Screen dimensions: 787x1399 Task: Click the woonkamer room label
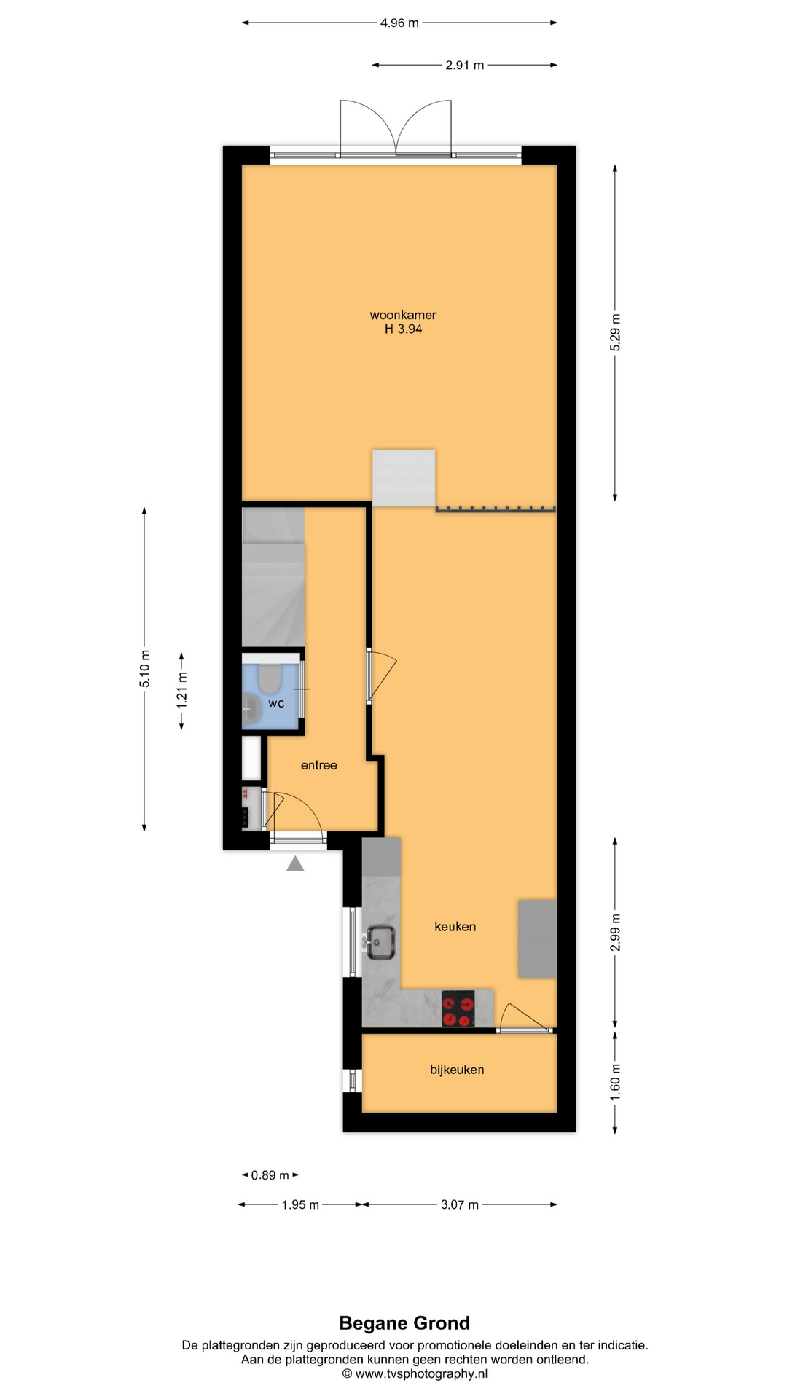[403, 315]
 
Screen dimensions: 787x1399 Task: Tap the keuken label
[455, 927]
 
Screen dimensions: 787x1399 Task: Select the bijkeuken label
[457, 1070]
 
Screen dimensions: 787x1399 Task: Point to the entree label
[319, 765]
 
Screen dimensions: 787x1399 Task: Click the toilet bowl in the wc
[270, 678]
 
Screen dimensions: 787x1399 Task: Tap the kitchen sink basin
[380, 942]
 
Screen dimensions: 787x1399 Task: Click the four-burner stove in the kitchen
[458, 1008]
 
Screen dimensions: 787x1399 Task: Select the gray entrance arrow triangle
[295, 863]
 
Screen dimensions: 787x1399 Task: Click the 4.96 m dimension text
[399, 23]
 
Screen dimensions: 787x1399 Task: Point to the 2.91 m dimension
[465, 66]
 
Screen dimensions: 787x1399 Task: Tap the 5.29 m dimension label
[616, 332]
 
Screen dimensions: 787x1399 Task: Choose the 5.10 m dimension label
[145, 669]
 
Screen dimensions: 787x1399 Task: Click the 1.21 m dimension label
[182, 690]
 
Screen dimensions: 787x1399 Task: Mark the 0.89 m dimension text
[270, 1175]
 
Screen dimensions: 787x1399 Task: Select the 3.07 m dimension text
[460, 1204]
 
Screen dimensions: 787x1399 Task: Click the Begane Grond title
[404, 1323]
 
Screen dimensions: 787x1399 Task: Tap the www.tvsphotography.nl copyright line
[415, 1373]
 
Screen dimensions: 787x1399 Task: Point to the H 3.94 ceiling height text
[404, 329]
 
